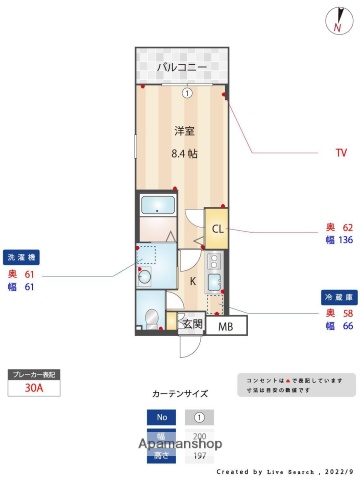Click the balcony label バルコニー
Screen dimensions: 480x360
(x=181, y=67)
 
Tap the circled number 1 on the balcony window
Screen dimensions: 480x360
(x=187, y=94)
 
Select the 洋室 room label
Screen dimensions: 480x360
(x=183, y=131)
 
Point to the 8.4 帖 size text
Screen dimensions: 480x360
(x=183, y=153)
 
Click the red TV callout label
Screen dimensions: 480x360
(x=340, y=153)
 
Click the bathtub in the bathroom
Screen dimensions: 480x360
(x=157, y=206)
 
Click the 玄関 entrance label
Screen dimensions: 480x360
(x=192, y=324)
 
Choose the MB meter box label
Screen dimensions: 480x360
(x=226, y=327)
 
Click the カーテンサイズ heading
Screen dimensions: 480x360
(x=180, y=394)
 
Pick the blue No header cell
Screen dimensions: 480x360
(x=160, y=417)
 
